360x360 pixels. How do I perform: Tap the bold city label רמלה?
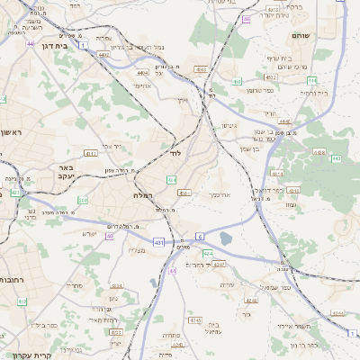[x=148, y=195]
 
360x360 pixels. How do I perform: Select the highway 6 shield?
[x=200, y=236]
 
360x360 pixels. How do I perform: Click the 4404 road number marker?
[x=142, y=72]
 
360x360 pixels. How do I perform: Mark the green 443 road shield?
[x=336, y=158]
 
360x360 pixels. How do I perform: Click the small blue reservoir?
[x=225, y=238]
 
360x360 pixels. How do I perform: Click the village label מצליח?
[x=137, y=250]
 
